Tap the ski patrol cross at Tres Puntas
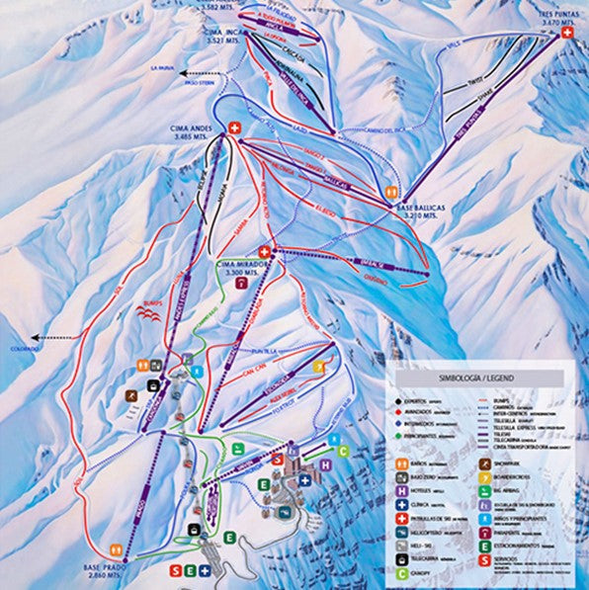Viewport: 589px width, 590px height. pyautogui.click(x=567, y=33)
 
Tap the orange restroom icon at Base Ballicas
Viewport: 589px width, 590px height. pyautogui.click(x=392, y=193)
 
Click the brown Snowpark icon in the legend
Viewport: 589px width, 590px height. pyautogui.click(x=486, y=462)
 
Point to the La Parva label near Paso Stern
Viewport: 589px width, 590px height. pyautogui.click(x=162, y=68)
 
